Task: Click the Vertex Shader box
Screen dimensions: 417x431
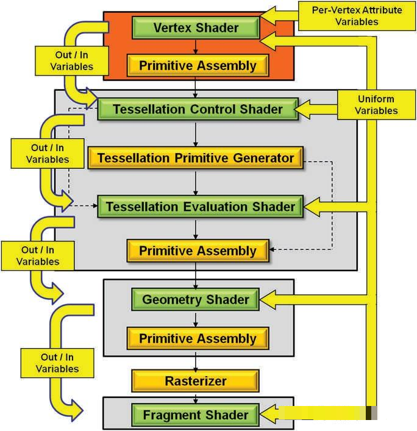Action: click(196, 27)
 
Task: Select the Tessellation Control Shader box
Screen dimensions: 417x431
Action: click(198, 109)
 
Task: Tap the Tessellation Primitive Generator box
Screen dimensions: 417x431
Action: click(196, 158)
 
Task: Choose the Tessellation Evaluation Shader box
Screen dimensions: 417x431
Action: click(201, 207)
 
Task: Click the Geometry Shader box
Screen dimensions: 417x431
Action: click(196, 299)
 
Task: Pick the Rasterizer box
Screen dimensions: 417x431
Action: click(196, 381)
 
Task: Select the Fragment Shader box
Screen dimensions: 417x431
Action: click(196, 415)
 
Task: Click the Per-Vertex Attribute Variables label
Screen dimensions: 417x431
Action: click(357, 16)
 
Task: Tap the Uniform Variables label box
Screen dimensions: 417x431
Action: click(376, 105)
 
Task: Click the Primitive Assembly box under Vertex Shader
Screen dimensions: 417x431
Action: click(198, 65)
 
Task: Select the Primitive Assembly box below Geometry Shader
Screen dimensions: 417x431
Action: click(198, 338)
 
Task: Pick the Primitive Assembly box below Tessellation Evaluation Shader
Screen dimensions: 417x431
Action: click(198, 251)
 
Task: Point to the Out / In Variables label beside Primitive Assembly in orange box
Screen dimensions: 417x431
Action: click(72, 61)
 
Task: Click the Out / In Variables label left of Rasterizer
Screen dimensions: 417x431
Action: click(57, 363)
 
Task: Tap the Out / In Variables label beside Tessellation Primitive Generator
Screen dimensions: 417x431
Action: click(48, 154)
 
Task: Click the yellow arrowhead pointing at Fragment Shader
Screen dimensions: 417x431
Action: click(269, 414)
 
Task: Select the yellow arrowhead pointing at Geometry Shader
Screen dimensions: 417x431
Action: click(269, 299)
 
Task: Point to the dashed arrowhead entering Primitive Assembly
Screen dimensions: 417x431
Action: click(272, 249)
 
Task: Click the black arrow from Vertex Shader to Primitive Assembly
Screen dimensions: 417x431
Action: click(196, 46)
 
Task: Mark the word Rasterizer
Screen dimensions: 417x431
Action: click(196, 381)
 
